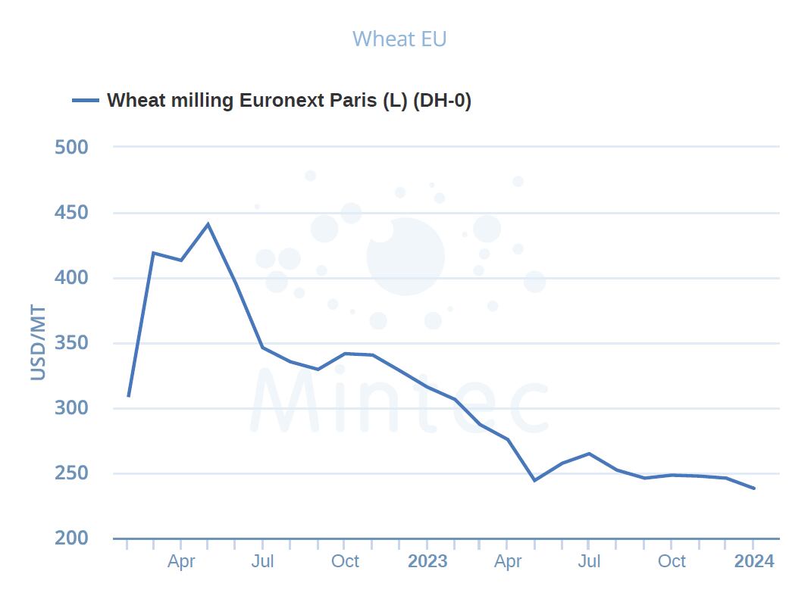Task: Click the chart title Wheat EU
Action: coord(399,39)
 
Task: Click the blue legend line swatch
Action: coord(86,101)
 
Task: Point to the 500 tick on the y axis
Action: coord(72,147)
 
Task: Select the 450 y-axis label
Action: coord(72,213)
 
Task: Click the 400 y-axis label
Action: coord(72,278)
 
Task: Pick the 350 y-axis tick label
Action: coord(72,343)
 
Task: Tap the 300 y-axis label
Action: coord(72,408)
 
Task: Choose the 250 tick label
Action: coord(72,473)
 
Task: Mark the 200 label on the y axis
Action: coord(72,538)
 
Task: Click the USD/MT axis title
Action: coord(38,343)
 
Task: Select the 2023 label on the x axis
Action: coord(427,561)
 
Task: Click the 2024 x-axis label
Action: coord(754,561)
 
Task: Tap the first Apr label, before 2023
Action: coord(181,561)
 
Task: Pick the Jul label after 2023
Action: coord(589,561)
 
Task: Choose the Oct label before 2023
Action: coord(345,561)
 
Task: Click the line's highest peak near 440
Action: coord(208,224)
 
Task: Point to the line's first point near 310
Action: coord(129,395)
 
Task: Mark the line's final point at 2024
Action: coord(754,488)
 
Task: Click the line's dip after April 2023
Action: coord(534,480)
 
